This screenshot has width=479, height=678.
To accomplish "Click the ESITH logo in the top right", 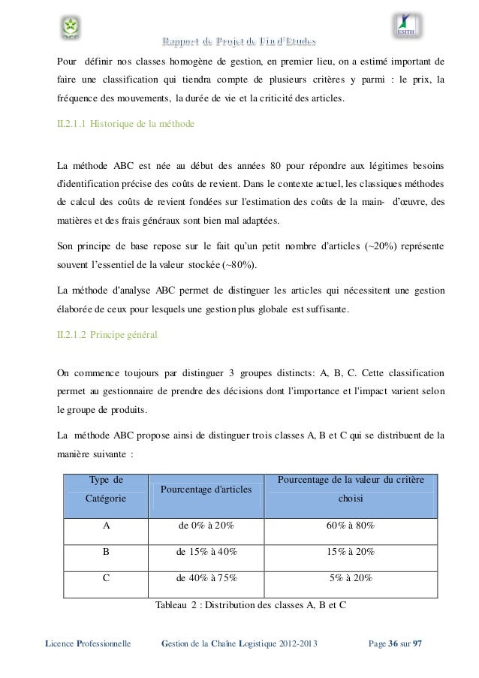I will tap(408, 27).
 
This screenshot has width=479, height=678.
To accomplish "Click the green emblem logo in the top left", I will tap(71, 28).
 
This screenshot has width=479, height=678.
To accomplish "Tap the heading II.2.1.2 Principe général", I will tap(107, 334).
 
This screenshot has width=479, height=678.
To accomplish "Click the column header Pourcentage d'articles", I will tap(206, 491).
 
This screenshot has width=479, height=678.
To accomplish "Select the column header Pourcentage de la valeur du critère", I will tap(351, 480).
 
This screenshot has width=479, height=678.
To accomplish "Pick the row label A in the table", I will tap(107, 526).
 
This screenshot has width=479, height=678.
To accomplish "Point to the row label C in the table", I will tap(107, 577).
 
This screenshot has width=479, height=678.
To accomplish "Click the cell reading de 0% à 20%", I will tap(206, 526).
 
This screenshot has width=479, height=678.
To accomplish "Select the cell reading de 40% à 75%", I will tap(206, 577).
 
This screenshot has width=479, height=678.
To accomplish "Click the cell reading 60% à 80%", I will tap(351, 526).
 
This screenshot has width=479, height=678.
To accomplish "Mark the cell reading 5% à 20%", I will tap(351, 577).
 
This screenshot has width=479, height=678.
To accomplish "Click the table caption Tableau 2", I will tap(249, 604).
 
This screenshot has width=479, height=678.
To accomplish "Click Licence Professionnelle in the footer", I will tap(89, 643).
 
